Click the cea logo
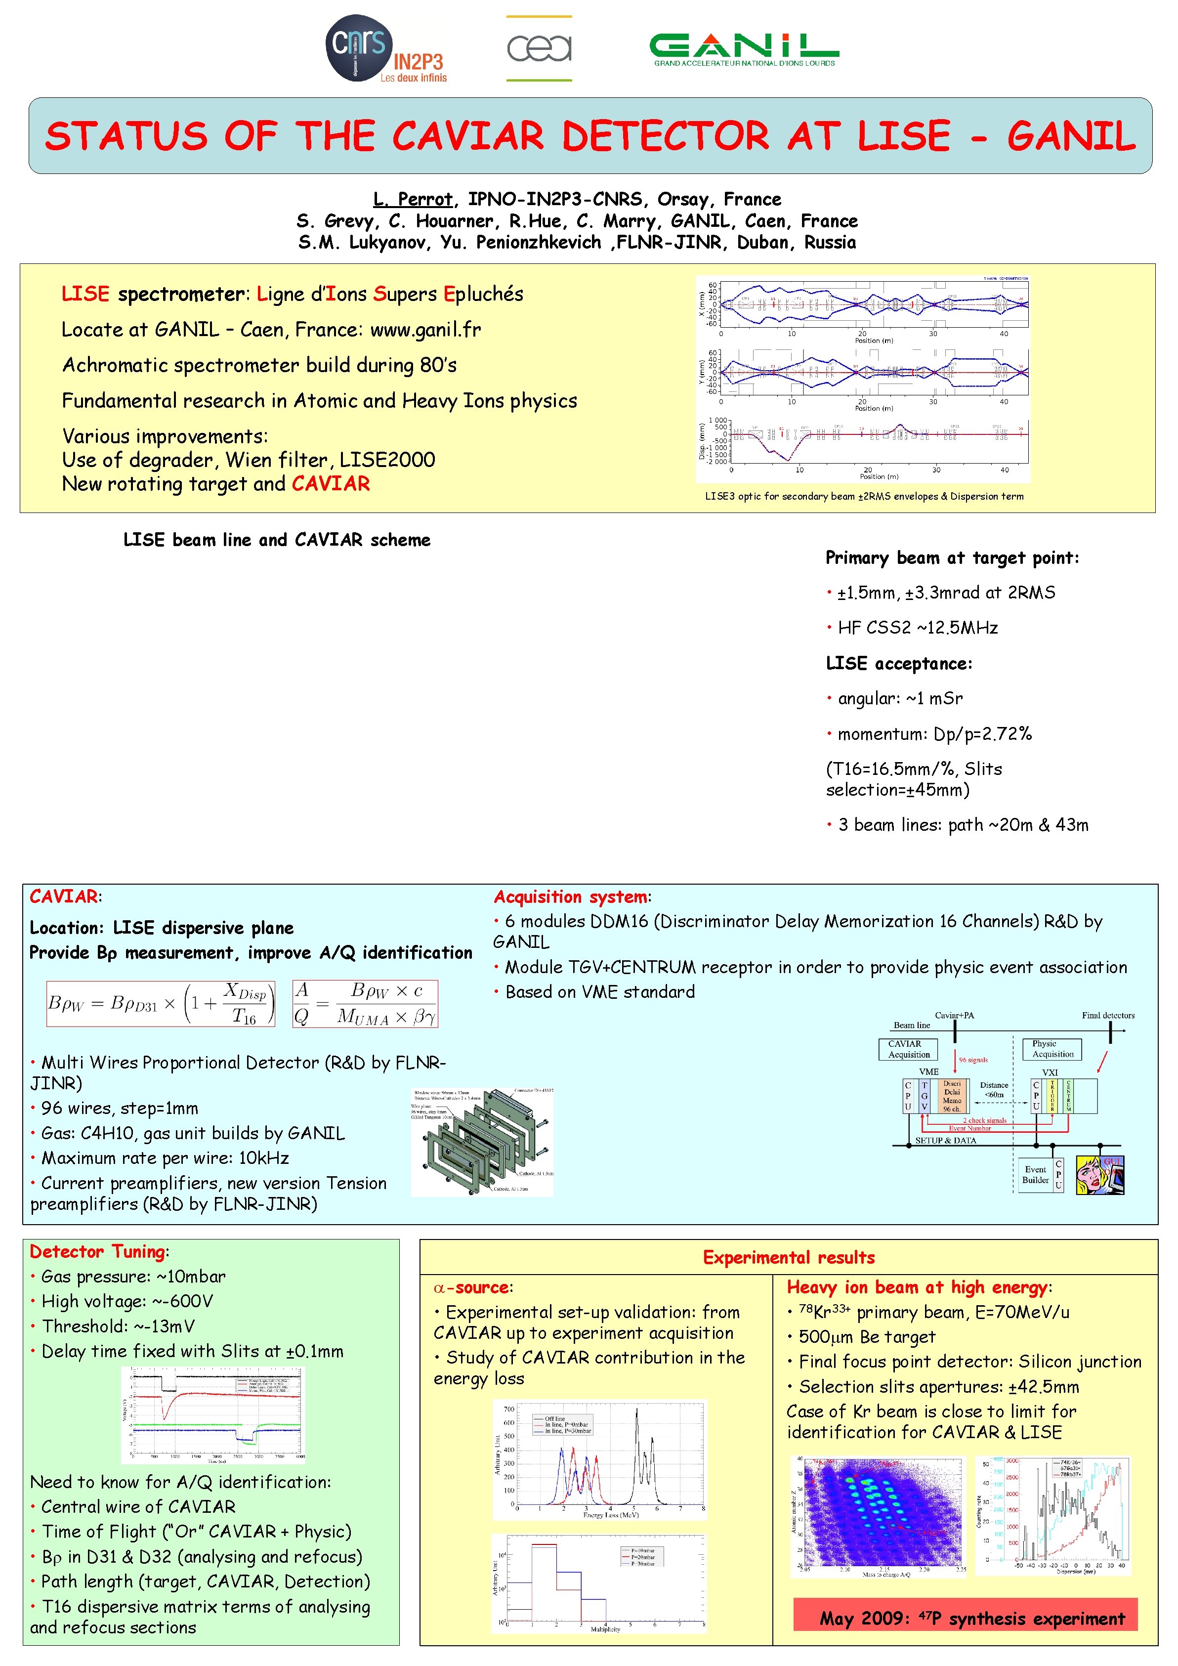[x=539, y=48]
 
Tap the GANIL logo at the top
[x=744, y=48]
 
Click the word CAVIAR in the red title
[x=468, y=136]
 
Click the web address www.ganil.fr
[x=425, y=330]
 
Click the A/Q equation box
[x=365, y=1004]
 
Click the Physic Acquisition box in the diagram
[x=1052, y=1049]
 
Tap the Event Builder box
[x=1035, y=1174]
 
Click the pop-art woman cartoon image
[x=1099, y=1174]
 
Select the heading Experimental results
[x=789, y=1257]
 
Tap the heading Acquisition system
[x=571, y=897]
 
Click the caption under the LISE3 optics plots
[x=864, y=496]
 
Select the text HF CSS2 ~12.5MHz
[x=918, y=628]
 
